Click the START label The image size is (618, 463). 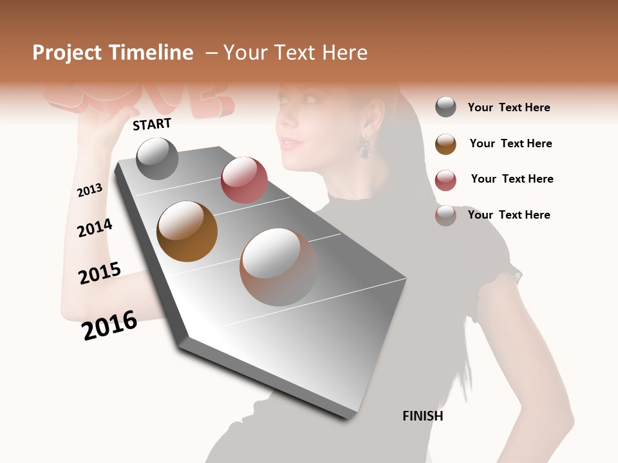tap(152, 124)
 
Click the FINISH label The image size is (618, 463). tap(422, 416)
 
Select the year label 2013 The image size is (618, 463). tap(89, 190)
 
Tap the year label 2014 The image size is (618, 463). tap(95, 228)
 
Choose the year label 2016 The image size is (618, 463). tap(109, 325)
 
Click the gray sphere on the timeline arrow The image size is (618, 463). tap(157, 158)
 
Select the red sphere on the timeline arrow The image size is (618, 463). tap(244, 179)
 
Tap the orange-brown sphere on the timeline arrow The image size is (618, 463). tap(187, 232)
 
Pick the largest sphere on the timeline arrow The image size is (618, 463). tap(279, 267)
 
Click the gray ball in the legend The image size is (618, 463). tap(445, 107)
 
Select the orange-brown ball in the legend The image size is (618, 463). tap(445, 144)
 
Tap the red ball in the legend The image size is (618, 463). tap(445, 180)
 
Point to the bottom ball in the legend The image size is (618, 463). tap(445, 215)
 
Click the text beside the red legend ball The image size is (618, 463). tap(512, 179)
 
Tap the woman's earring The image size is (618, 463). tap(365, 148)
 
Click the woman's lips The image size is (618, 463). tap(289, 143)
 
